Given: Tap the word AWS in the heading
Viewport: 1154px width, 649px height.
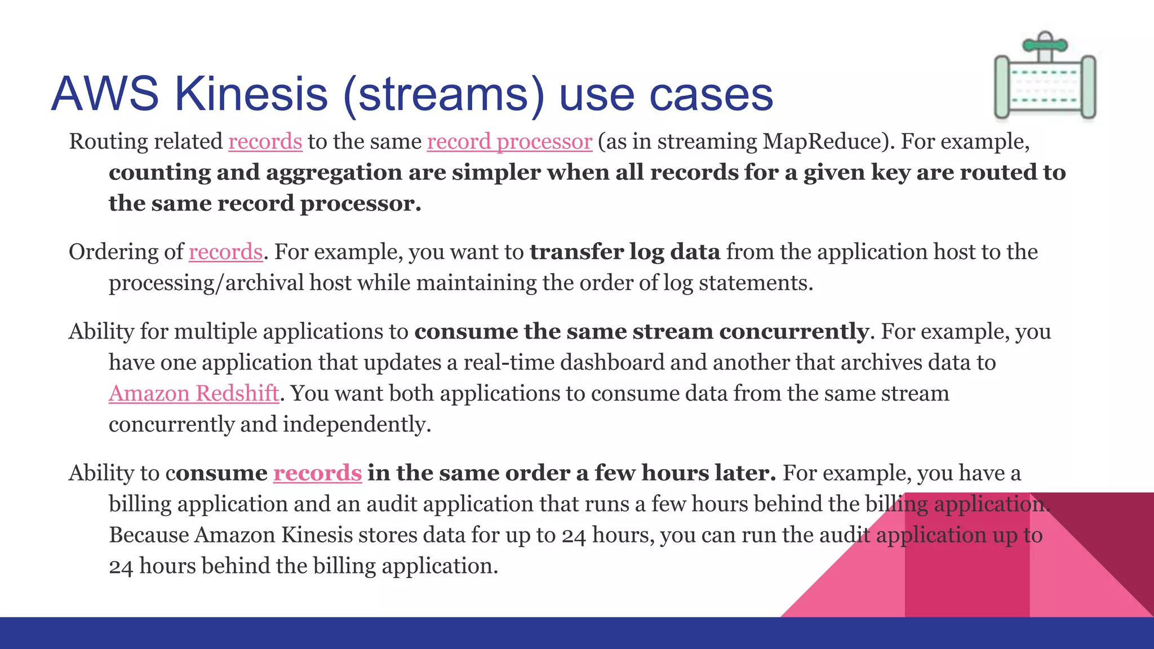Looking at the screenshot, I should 105,94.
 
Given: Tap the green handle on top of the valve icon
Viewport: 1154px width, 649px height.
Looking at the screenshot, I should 1045,45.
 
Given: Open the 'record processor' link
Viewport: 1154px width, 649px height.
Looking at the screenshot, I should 509,141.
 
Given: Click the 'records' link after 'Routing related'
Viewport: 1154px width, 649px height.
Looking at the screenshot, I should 265,141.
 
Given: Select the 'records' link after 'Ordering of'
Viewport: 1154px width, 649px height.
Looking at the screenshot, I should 225,252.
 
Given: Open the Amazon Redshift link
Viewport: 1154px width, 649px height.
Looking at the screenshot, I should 194,393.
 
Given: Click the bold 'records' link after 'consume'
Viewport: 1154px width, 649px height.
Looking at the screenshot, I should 317,473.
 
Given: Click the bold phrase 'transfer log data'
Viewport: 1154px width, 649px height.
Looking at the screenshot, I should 624,252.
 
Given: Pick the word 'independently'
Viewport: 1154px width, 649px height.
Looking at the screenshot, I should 356,424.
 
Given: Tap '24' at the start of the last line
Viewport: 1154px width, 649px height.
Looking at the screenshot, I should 121,567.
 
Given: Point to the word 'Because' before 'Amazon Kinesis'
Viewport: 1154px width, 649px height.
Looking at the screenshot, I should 149,535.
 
